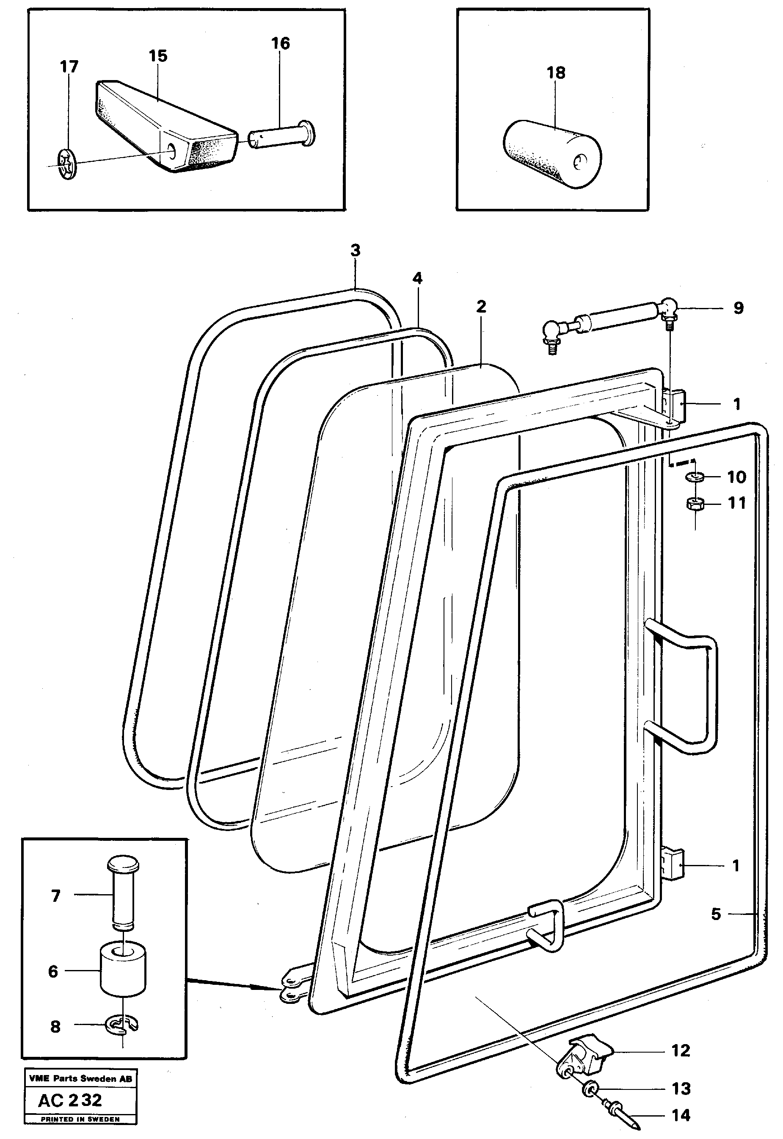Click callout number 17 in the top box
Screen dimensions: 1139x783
point(69,67)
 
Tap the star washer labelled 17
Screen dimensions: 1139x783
point(67,164)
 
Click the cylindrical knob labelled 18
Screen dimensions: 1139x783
point(552,154)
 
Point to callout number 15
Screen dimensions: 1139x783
point(158,56)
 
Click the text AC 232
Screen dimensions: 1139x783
point(70,1100)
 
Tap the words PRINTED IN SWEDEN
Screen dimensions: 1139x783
point(80,1120)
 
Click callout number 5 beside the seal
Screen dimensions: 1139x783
point(716,914)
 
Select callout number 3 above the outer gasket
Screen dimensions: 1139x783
point(355,250)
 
